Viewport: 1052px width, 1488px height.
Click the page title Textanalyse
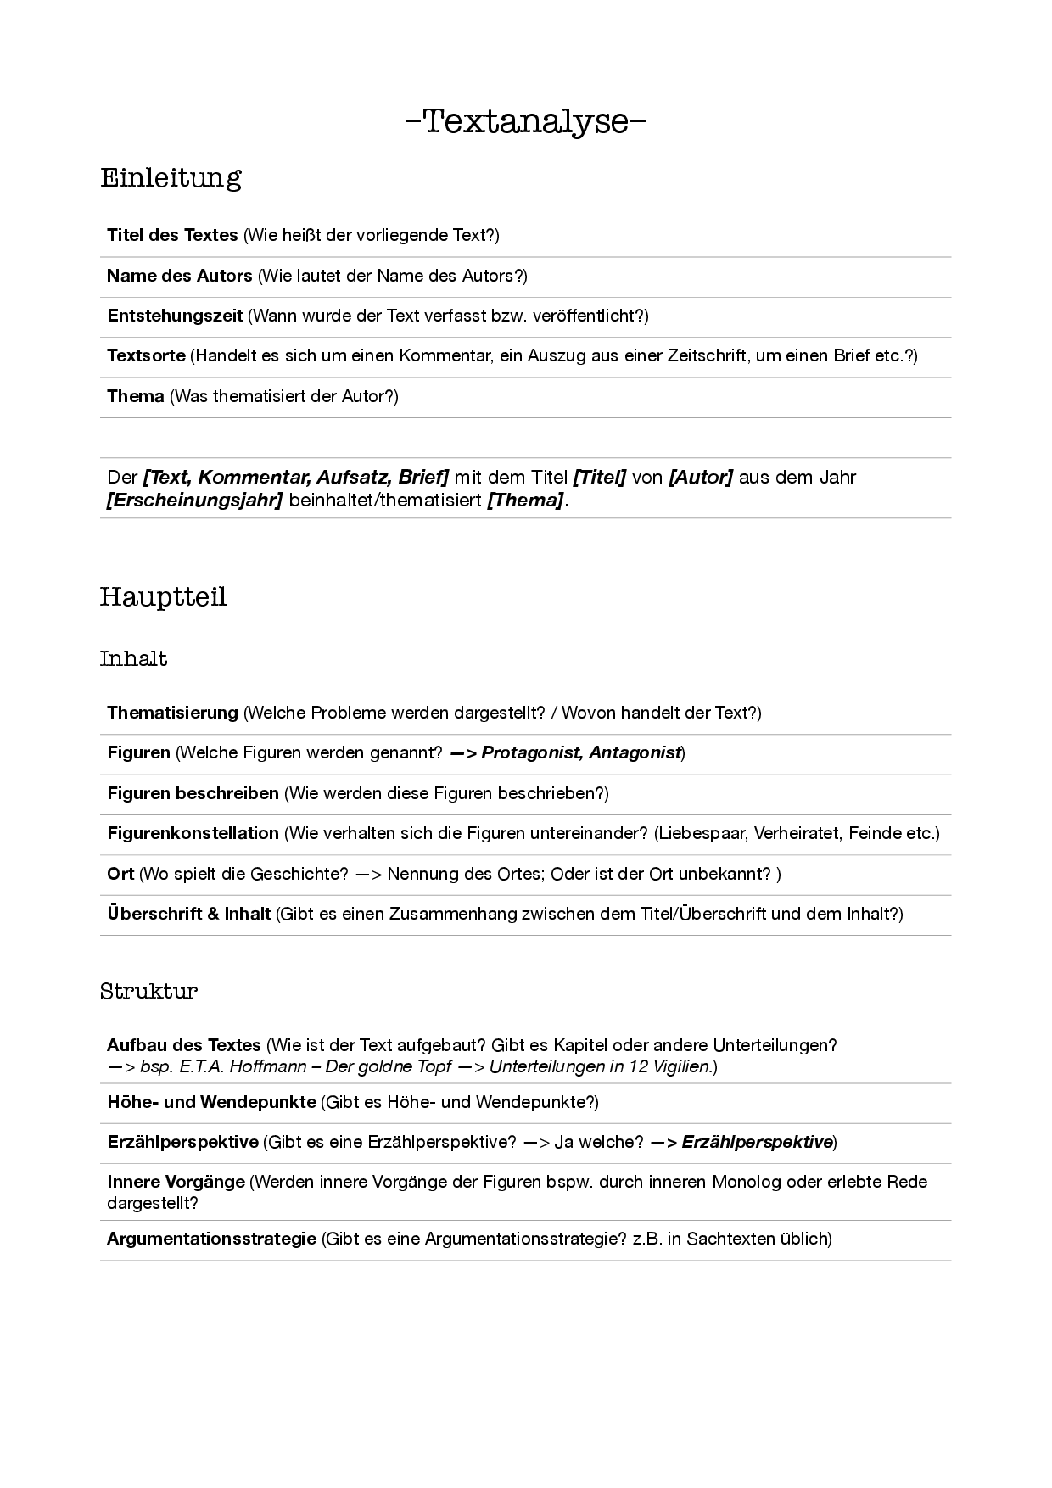(526, 121)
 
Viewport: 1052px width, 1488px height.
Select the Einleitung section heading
(171, 178)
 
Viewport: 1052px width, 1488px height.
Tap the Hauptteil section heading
(163, 597)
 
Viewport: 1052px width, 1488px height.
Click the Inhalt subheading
(133, 659)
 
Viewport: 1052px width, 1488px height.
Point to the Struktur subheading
(148, 991)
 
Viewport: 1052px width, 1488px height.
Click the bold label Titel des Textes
(172, 235)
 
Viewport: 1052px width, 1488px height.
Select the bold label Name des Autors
(179, 276)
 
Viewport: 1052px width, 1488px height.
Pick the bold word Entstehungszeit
(175, 316)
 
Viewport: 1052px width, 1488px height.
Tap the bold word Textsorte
(146, 355)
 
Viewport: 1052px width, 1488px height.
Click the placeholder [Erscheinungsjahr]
(194, 501)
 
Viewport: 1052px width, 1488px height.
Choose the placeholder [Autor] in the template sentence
(701, 477)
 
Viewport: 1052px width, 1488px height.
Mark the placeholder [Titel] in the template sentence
(600, 477)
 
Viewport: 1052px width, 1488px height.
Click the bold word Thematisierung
(172, 713)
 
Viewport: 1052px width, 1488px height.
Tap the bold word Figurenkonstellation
(193, 833)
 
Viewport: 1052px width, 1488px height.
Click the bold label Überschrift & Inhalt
(188, 914)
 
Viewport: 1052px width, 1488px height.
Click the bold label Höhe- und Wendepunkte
(211, 1102)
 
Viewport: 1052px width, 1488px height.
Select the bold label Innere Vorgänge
(176, 1182)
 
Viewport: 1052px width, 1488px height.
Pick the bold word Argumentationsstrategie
(211, 1239)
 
